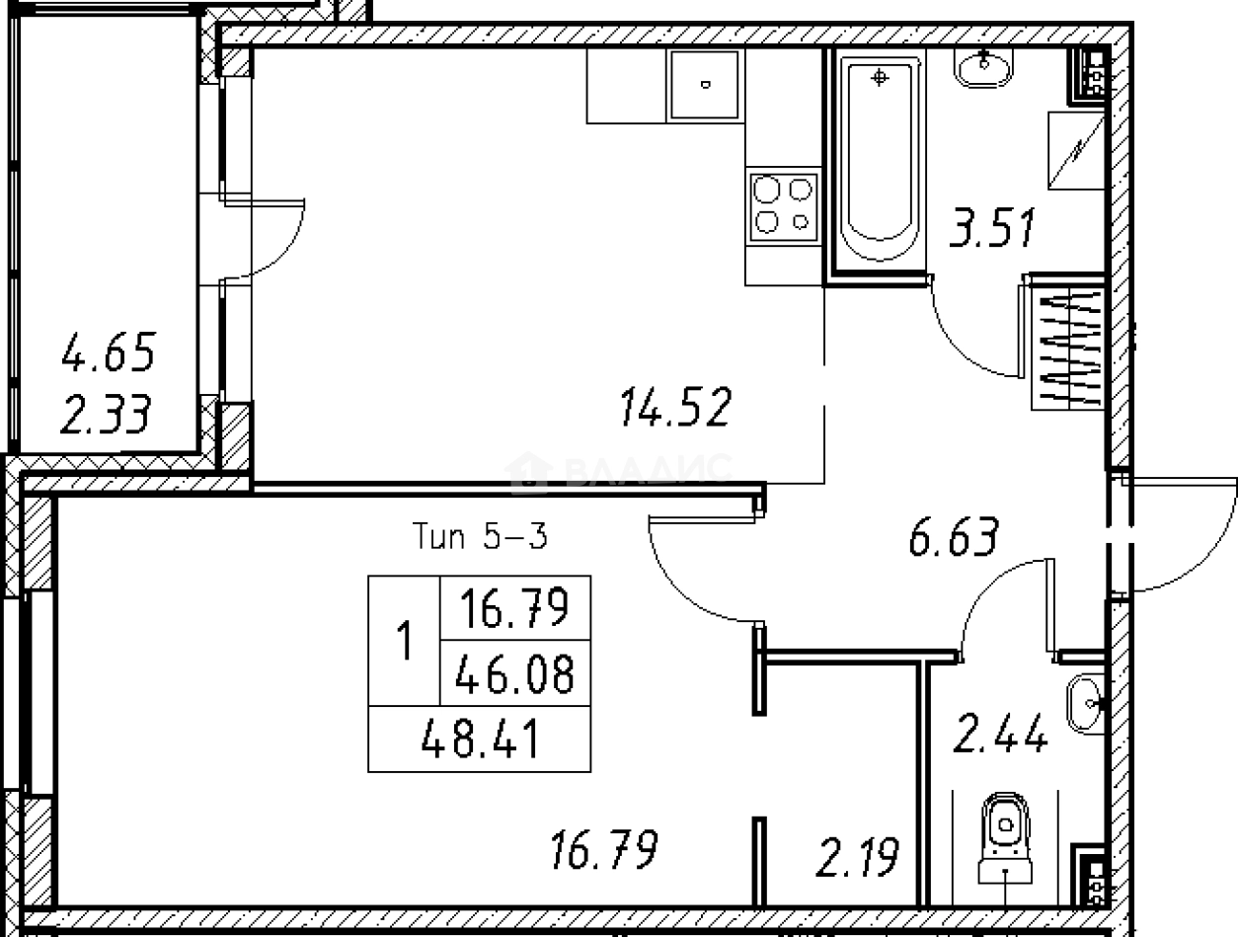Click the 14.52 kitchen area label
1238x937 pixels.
point(675,406)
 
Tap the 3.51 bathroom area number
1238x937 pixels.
point(992,227)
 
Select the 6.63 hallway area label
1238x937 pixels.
point(953,535)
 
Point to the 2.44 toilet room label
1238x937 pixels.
point(1000,733)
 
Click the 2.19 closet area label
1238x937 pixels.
point(857,857)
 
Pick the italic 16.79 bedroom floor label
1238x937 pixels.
point(603,849)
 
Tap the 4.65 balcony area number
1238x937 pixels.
point(108,352)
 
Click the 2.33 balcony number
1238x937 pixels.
point(106,414)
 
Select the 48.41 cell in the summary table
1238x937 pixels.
point(481,739)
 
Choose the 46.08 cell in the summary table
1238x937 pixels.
point(514,673)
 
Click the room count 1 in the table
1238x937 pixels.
point(405,640)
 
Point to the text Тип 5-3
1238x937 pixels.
point(480,536)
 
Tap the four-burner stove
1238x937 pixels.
point(784,206)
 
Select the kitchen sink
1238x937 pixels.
point(705,85)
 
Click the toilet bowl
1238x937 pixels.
point(1005,839)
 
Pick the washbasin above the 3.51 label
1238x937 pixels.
point(983,68)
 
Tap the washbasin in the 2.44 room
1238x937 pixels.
point(1085,703)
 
